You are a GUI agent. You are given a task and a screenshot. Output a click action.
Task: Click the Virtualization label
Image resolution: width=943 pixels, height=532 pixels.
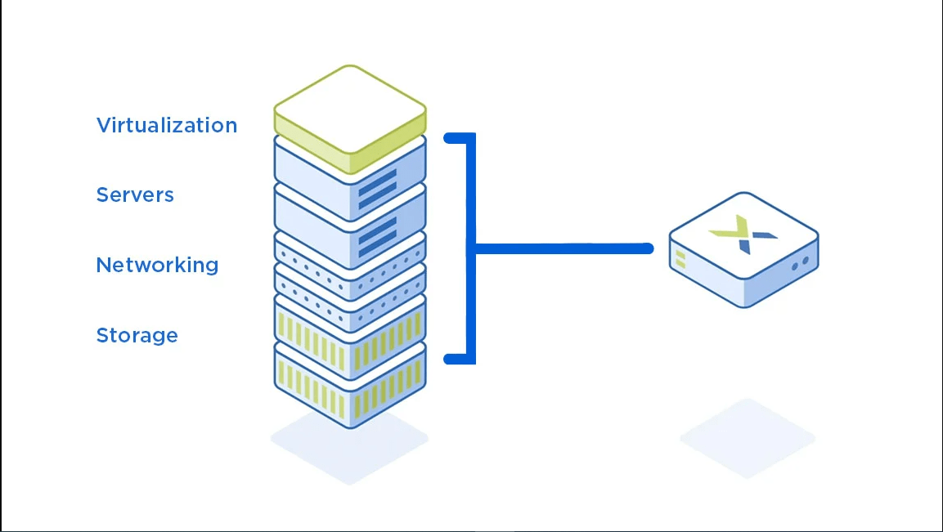pos(167,125)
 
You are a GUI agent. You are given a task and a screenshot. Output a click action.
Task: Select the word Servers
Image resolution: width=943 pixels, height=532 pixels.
pos(135,194)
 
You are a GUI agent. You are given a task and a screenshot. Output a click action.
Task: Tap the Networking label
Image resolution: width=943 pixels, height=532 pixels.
pos(157,265)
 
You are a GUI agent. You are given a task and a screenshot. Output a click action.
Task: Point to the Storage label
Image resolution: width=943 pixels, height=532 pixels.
pos(137,335)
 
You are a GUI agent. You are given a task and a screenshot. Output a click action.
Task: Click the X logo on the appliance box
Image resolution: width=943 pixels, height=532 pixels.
pos(743,234)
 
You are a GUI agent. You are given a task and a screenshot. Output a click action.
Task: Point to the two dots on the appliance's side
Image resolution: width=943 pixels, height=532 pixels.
pos(801,263)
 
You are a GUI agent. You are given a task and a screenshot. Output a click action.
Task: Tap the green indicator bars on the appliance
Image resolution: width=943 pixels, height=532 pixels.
pos(680,259)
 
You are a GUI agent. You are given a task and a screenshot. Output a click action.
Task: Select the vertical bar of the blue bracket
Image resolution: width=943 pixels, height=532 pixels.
pos(471,248)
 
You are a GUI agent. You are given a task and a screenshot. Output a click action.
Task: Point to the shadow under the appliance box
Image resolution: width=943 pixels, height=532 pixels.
pos(748,439)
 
